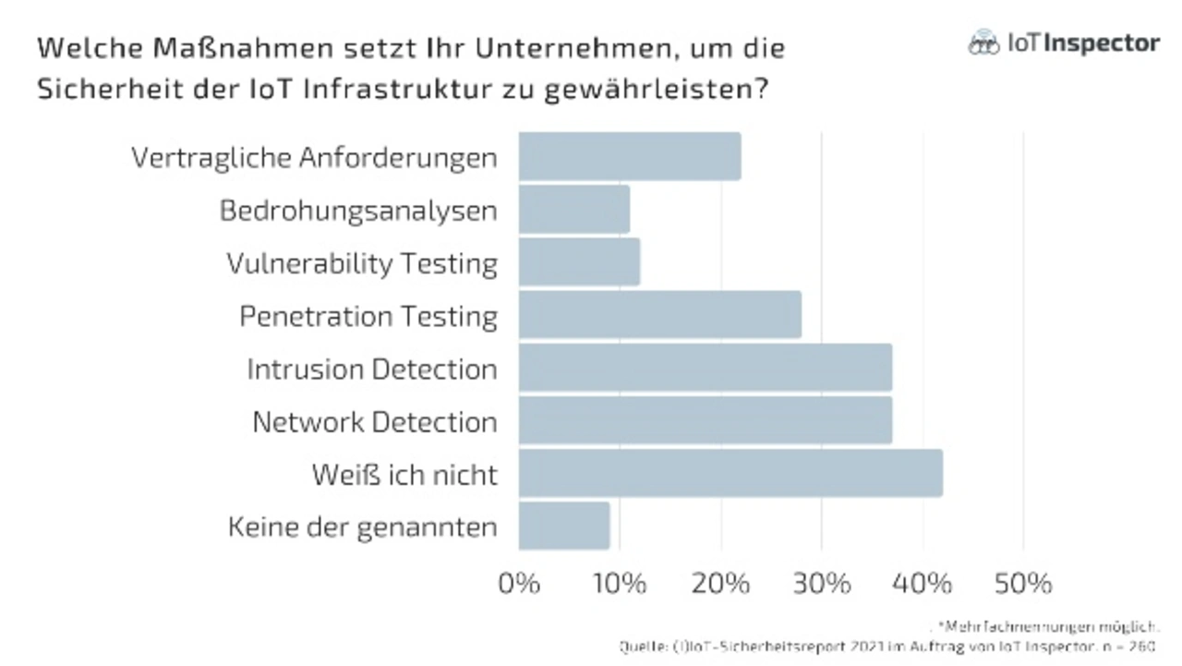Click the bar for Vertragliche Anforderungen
[629, 156]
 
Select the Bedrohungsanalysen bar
[573, 210]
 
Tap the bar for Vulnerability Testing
[579, 262]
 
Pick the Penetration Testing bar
[659, 315]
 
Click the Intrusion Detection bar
[705, 368]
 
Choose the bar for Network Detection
[705, 420]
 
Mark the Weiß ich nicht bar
[730, 473]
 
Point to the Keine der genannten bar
[563, 526]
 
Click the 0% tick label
[518, 584]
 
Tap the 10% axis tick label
[619, 584]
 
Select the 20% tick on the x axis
[720, 584]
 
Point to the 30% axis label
[822, 584]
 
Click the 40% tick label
[923, 584]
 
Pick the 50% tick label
[1023, 584]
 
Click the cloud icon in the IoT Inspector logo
[983, 42]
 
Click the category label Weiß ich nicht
[404, 475]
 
